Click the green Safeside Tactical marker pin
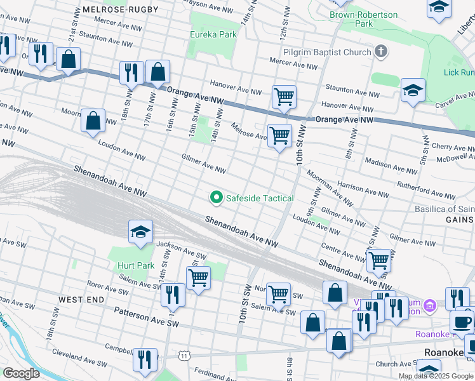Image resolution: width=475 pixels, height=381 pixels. coord(217,198)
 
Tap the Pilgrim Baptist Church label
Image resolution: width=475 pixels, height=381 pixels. coord(328,52)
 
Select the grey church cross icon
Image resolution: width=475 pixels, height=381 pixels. coord(381,51)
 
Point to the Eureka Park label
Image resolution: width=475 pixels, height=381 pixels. coord(212,36)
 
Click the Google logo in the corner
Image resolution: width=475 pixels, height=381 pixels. coord(21,373)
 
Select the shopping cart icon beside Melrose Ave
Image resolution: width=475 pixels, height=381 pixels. coord(279,135)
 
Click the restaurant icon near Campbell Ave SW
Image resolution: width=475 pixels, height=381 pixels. coord(145,359)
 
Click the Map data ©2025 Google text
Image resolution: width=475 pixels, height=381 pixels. coord(436,376)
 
